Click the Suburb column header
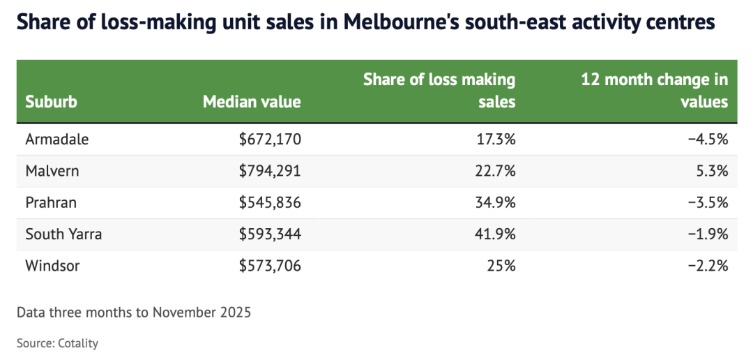tap(51, 102)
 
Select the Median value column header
tap(252, 102)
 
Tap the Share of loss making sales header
tap(439, 91)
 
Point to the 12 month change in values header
tap(655, 91)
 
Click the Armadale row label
tap(57, 140)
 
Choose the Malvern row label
tap(52, 171)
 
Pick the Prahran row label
tap(51, 202)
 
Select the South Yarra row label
tap(63, 234)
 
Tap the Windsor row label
tap(52, 265)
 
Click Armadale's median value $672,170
tap(270, 140)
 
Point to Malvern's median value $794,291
tap(270, 171)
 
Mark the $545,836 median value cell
tap(270, 202)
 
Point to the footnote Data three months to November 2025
tap(134, 312)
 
